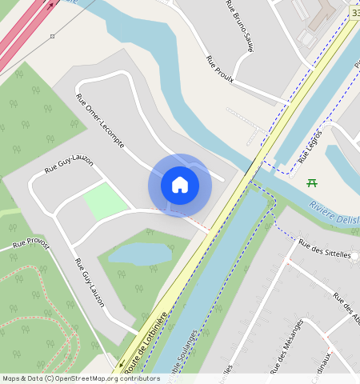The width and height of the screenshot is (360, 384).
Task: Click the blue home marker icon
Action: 180,185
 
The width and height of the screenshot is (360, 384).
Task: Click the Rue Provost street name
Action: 30,246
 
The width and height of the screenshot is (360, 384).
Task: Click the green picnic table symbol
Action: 311,183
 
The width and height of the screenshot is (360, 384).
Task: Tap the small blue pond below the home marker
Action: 141,254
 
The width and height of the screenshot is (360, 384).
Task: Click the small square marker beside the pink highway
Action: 52,36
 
